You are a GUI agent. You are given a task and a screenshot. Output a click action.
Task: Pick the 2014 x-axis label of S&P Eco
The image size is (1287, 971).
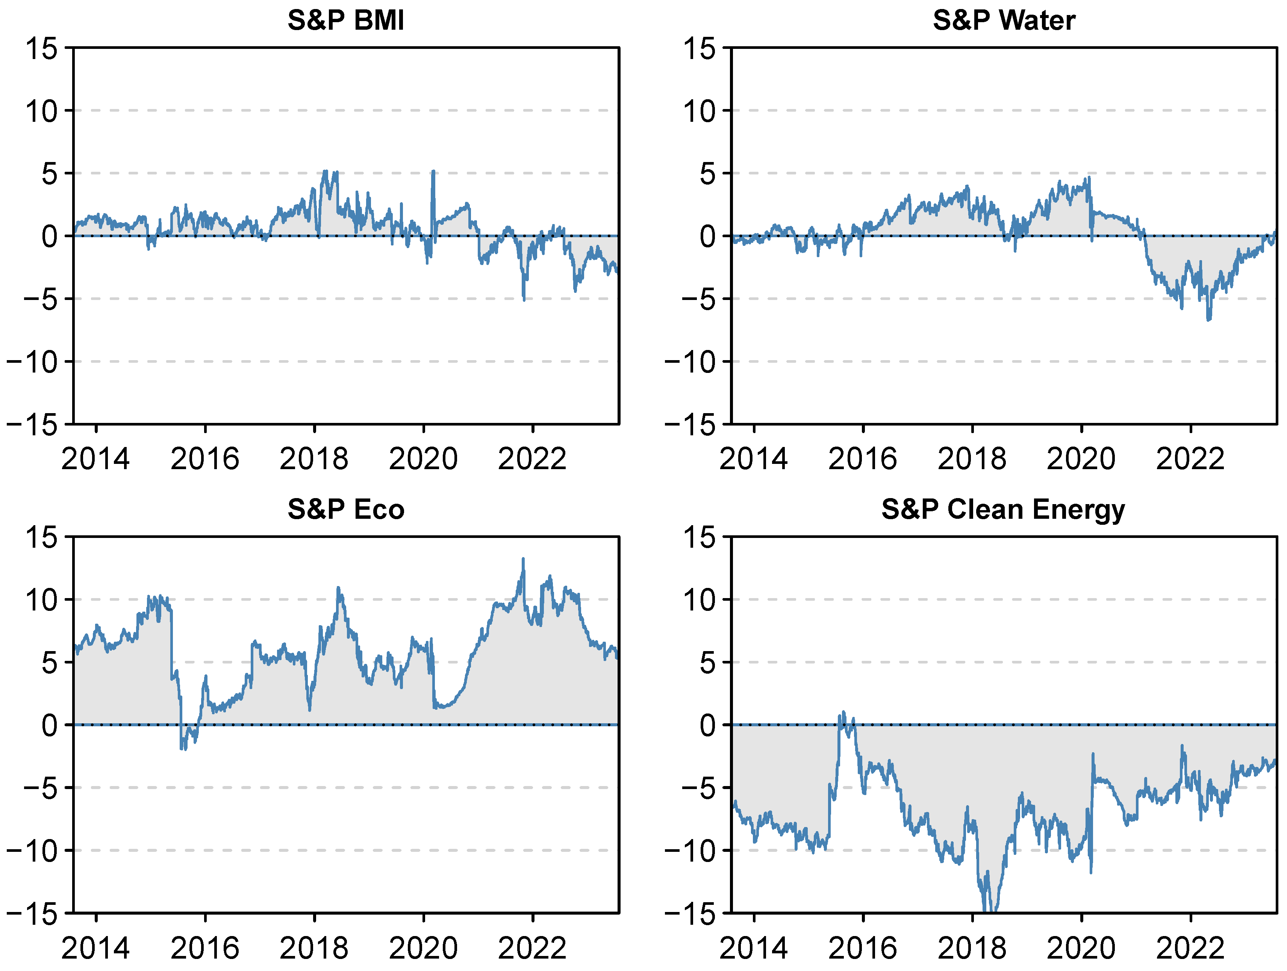coord(95,948)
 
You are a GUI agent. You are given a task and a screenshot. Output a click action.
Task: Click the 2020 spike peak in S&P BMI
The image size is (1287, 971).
coord(433,172)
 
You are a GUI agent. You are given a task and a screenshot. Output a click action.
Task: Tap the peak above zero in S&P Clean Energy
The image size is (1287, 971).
coord(843,712)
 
